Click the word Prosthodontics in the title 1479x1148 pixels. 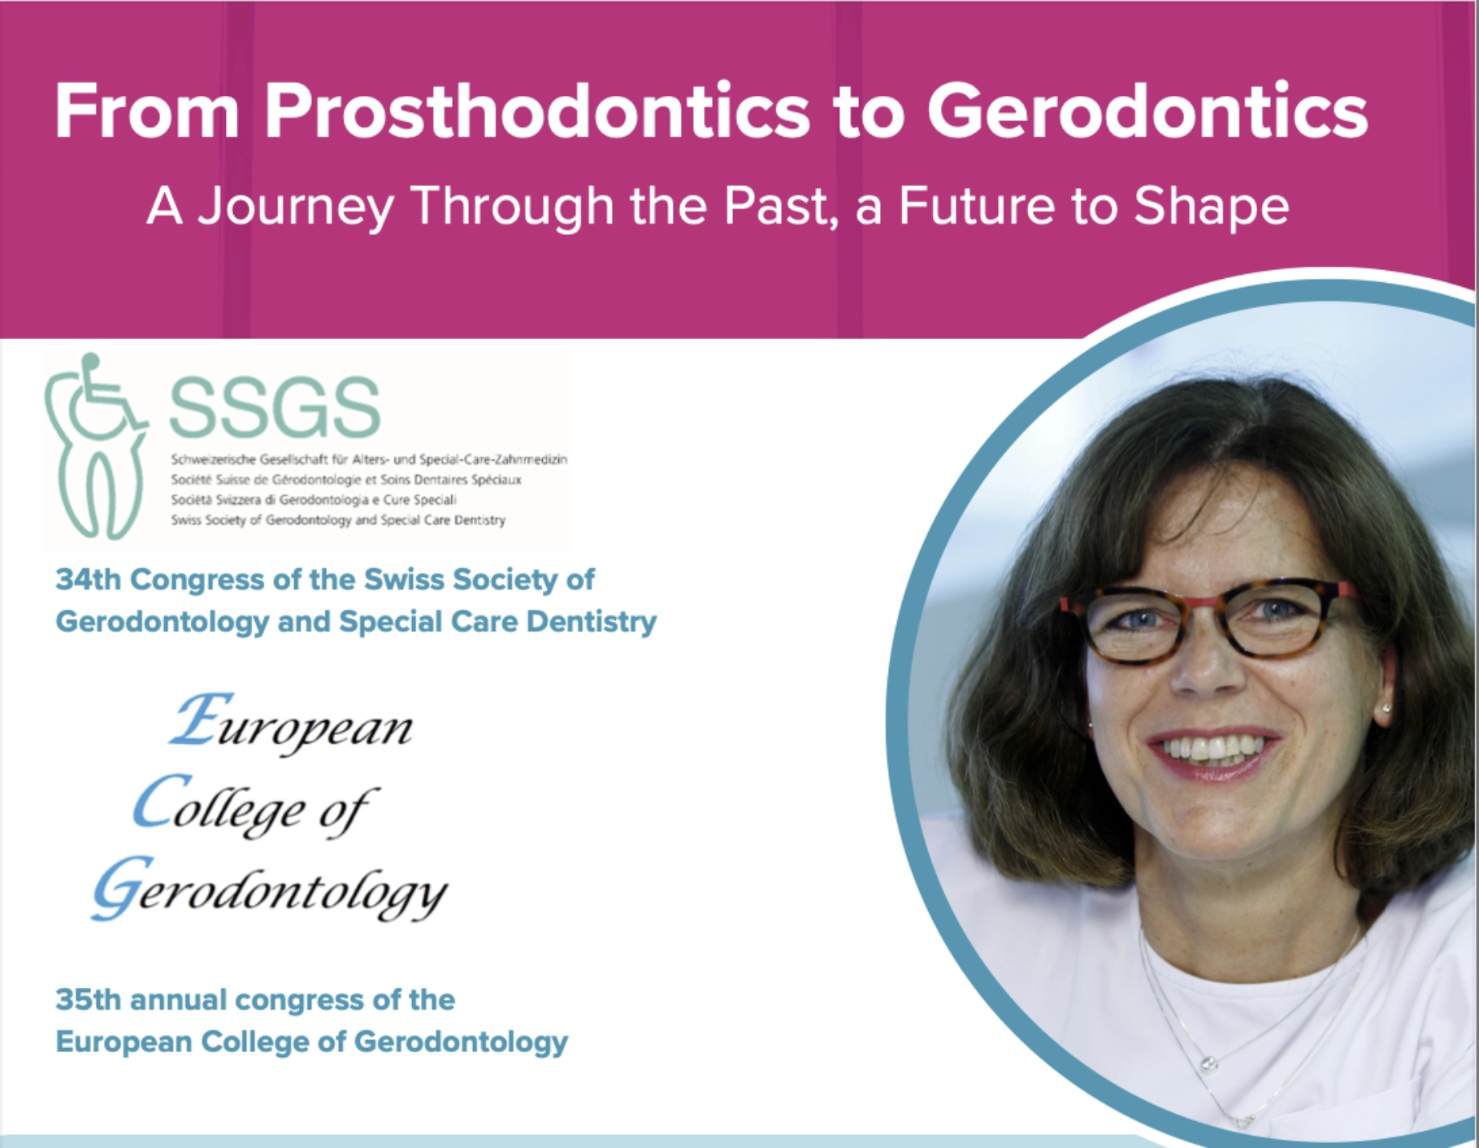[x=537, y=112]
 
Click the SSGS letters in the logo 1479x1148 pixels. [x=275, y=407]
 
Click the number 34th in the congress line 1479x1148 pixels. [x=89, y=580]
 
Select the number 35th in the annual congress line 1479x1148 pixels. [x=89, y=999]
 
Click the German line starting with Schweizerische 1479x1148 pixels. [x=369, y=459]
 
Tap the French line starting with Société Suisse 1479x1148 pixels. [x=346, y=480]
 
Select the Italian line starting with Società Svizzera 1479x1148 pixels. [x=314, y=500]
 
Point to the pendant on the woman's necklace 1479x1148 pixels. [x=1209, y=1063]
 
